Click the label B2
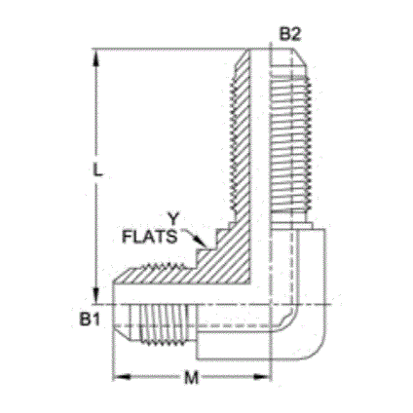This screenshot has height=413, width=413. (290, 33)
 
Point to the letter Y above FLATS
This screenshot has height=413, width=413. (172, 218)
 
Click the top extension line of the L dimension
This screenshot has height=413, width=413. (166, 49)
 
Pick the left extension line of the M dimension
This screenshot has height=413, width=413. (116, 356)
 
